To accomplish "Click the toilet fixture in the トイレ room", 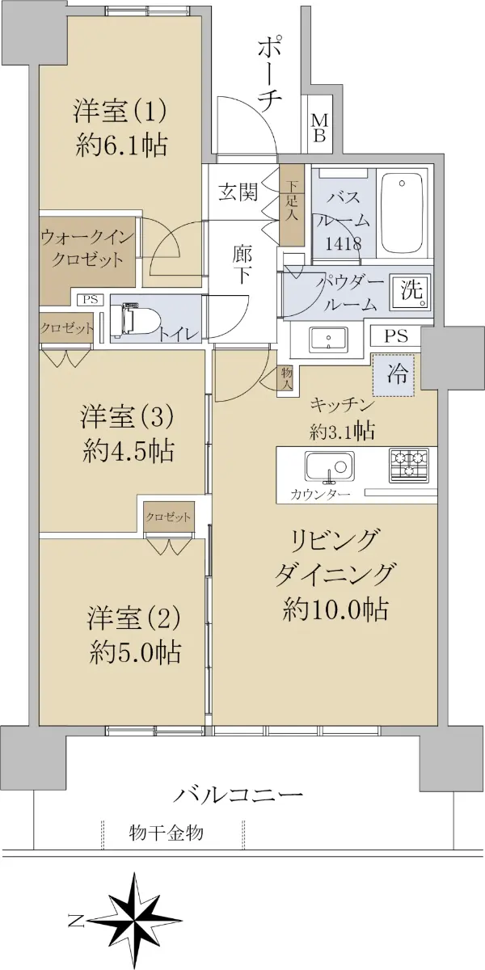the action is [135, 320].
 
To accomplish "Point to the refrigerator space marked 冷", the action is [394, 375].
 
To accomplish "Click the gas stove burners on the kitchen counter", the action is [409, 466].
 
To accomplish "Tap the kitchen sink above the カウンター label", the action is [330, 466].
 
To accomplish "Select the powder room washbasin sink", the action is [328, 339].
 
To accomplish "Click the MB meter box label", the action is [319, 129].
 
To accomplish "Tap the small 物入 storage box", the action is [287, 377].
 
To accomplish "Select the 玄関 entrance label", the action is [238, 192].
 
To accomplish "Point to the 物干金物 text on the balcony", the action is [166, 833].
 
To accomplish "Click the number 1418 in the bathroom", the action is [344, 244].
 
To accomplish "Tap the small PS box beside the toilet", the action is [91, 300].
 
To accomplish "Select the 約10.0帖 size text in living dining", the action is [335, 609].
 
